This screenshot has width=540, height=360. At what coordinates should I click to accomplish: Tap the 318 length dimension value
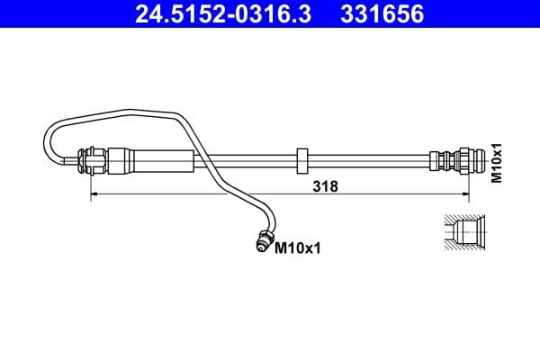[325, 186]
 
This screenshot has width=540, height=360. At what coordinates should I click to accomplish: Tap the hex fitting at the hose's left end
[91, 162]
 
